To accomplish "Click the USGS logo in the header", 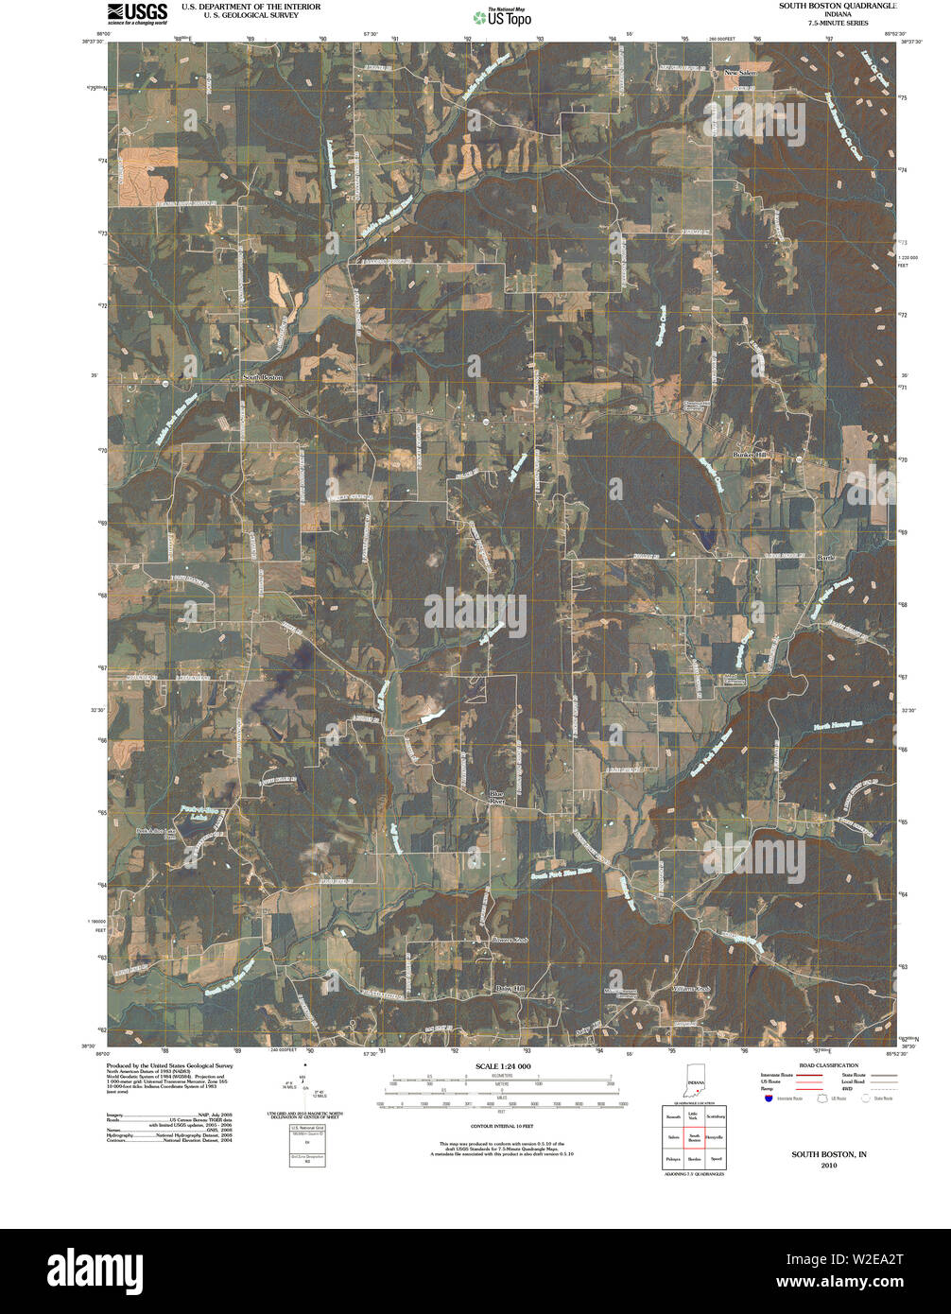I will tap(137, 12).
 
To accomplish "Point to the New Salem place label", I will tap(741, 73).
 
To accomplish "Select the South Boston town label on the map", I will tap(262, 377).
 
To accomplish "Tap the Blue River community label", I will tap(497, 797).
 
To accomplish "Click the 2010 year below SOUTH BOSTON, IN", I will tap(829, 1166).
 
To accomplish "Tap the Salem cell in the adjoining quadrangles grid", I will tap(673, 1137).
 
